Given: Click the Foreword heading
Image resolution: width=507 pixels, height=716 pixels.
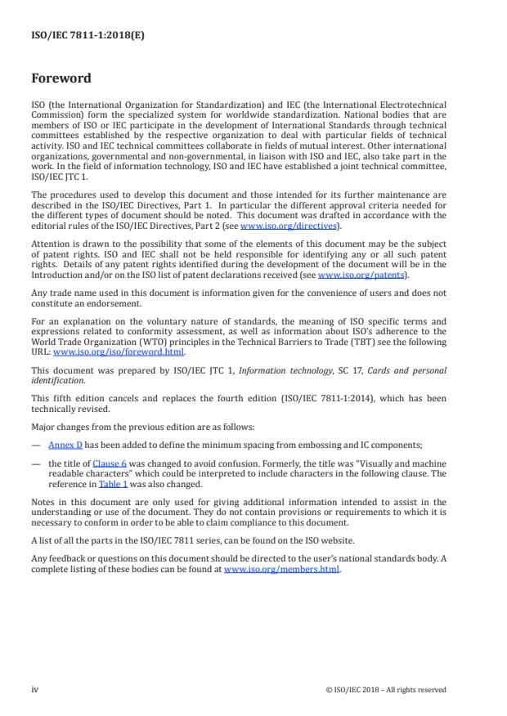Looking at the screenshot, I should point(61,79).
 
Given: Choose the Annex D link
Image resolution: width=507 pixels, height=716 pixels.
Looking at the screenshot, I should point(65,445).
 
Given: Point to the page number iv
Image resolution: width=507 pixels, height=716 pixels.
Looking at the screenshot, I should point(35,689).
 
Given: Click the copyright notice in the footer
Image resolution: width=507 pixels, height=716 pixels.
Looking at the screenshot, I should point(385,689).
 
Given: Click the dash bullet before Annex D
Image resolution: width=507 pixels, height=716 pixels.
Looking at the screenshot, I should point(36,445).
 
